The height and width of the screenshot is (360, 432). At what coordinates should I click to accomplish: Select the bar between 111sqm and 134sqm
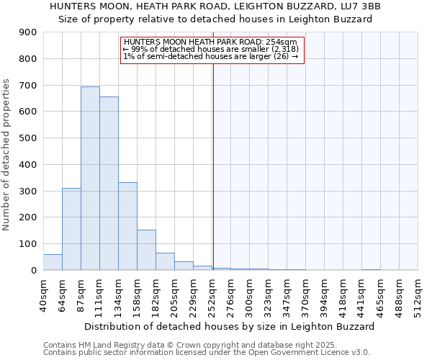pos(109,183)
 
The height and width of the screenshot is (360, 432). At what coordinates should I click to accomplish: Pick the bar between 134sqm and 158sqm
pos(127,226)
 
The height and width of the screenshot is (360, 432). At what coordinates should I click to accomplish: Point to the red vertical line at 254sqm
pos(213,166)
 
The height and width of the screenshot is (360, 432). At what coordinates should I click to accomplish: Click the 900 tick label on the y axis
pos(28,32)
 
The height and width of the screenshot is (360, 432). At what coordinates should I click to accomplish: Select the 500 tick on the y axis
pos(28,138)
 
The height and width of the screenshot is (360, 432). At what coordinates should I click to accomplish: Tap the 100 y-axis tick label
pos(28,244)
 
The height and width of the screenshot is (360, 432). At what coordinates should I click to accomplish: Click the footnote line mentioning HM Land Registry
pos(179,346)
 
